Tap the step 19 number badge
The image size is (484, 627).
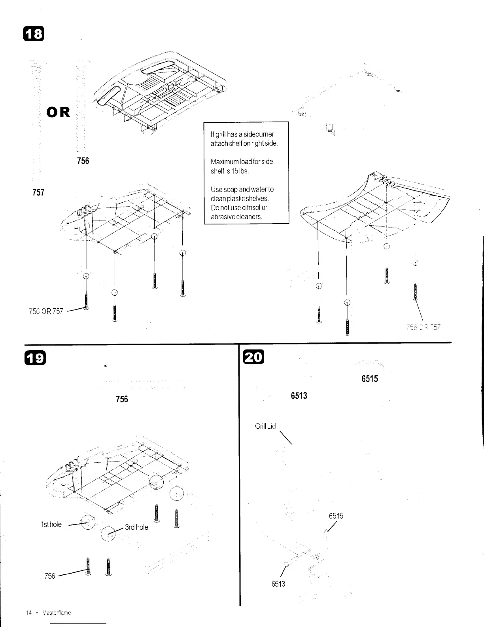35,359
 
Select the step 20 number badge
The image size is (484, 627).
251,357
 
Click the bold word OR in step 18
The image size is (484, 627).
59,112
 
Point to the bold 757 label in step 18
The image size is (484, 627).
38,193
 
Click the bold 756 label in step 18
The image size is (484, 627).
83,161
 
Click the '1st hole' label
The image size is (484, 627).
51,524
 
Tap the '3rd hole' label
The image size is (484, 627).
136,527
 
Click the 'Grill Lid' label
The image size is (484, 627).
265,426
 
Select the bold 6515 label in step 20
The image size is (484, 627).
370,379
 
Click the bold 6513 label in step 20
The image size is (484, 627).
299,396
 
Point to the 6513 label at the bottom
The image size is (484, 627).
278,583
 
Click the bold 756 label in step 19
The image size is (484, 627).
122,399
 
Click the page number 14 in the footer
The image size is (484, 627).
29,612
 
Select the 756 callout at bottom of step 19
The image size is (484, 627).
50,576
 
